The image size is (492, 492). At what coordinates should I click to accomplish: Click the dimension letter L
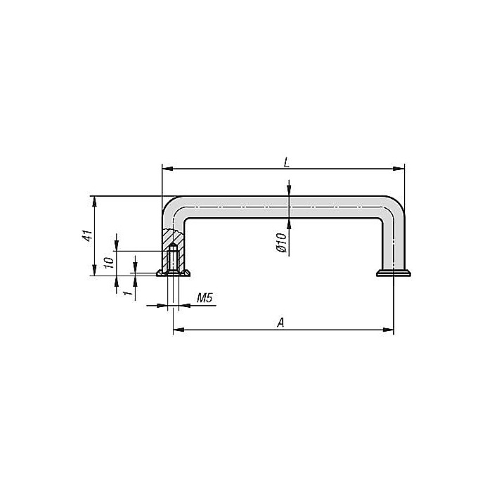coord(286,162)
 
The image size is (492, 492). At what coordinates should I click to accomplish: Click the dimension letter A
coord(280,322)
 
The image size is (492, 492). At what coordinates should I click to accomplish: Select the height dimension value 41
coord(87,236)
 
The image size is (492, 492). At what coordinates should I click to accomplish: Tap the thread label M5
coord(205,299)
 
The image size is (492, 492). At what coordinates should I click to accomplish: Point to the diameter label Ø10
coord(279,242)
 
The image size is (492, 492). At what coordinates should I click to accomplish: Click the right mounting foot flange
coord(393,273)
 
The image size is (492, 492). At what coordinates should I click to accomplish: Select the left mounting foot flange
coord(173,273)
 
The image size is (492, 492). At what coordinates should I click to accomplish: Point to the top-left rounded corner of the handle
coord(173,207)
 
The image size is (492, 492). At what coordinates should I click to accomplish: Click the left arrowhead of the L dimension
coord(166,169)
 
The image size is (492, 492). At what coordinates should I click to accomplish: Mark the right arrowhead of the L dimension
coord(401,169)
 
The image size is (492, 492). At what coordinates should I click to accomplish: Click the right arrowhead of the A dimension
coord(389,330)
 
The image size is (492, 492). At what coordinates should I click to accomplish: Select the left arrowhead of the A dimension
coord(177,330)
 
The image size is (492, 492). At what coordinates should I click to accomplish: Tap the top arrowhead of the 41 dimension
coord(94,200)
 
